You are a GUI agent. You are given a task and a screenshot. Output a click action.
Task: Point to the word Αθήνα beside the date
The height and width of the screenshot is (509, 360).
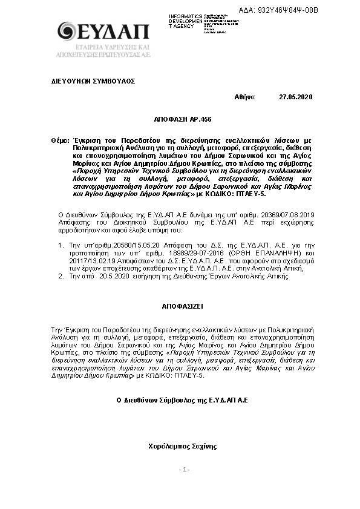[x=244, y=97]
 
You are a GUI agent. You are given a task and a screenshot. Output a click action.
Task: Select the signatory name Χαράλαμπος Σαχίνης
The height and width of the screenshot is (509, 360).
[x=182, y=447]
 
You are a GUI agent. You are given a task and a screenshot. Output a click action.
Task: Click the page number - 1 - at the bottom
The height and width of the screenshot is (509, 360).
[x=184, y=470]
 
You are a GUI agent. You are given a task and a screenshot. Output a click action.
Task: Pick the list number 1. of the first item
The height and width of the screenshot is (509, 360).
[x=61, y=245]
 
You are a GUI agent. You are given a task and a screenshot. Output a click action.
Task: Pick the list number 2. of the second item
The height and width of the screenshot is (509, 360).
[x=61, y=276]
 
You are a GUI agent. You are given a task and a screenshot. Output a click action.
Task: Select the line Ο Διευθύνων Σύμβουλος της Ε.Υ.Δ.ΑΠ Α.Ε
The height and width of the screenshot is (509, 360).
[x=182, y=400]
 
